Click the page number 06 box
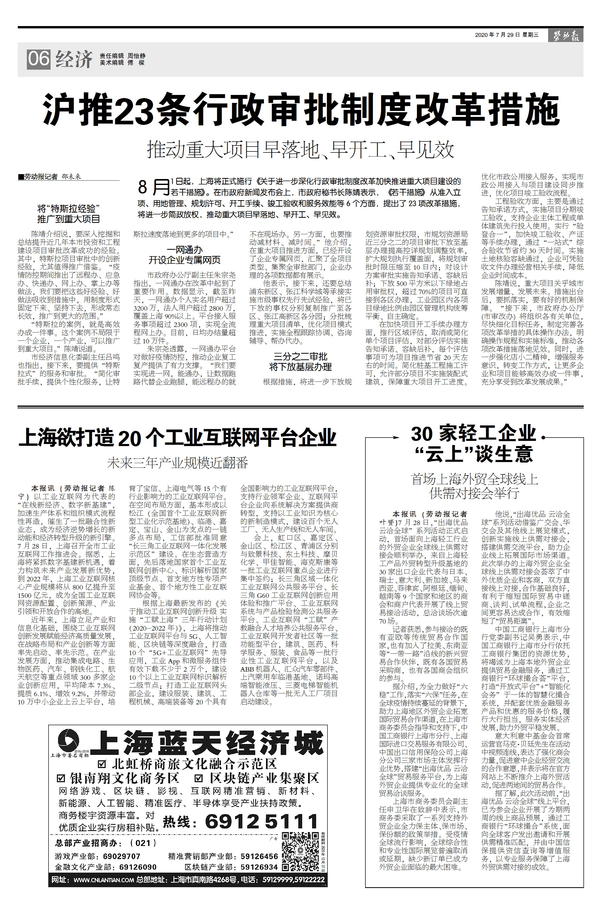pyautogui.click(x=38, y=59)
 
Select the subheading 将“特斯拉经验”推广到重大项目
pyautogui.click(x=69, y=214)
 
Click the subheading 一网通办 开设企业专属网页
pyautogui.click(x=185, y=255)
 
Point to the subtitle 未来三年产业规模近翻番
pyautogui.click(x=178, y=462)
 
